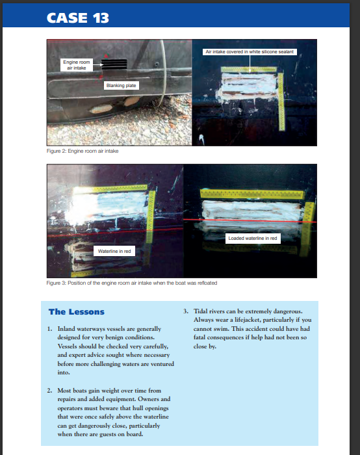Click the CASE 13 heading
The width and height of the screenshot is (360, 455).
[x=78, y=18]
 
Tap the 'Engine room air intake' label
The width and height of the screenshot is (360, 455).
[x=77, y=65]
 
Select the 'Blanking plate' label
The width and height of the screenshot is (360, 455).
[x=122, y=86]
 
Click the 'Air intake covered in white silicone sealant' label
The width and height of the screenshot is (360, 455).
[x=250, y=52]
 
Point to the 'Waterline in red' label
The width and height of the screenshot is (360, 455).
[x=114, y=252]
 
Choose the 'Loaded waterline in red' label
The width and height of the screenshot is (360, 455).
[x=253, y=239]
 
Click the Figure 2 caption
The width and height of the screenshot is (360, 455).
[x=83, y=151]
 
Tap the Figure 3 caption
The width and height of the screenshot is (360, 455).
[x=132, y=283]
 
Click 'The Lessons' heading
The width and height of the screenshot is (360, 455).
[x=77, y=312]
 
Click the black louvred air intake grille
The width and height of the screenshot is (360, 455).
[x=114, y=64]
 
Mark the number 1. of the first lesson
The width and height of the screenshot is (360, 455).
[x=49, y=329]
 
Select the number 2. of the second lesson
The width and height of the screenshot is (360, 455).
[x=49, y=391]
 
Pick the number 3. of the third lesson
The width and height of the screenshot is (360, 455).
[x=186, y=311]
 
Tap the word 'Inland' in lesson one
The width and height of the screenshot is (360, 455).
[x=66, y=329]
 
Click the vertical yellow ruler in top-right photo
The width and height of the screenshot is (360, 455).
[x=281, y=101]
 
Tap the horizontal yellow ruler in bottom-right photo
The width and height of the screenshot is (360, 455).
[x=252, y=194]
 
